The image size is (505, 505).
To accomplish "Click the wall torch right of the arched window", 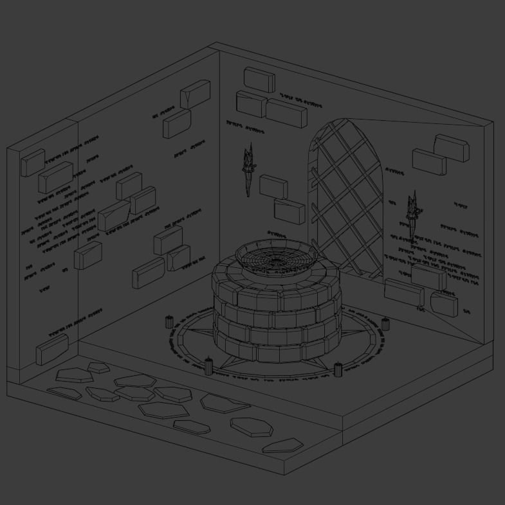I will [414, 215].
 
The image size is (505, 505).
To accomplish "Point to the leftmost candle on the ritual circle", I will [170, 321].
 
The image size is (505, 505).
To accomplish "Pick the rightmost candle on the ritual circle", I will [385, 324].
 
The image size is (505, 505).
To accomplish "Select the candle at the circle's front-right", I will [338, 369].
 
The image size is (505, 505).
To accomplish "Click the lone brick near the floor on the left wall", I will [52, 350].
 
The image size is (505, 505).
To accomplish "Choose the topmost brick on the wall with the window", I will [259, 80].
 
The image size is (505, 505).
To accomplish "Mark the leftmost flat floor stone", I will [64, 393].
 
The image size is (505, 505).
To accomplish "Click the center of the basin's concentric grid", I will [277, 260].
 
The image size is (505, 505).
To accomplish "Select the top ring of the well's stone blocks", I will [277, 283].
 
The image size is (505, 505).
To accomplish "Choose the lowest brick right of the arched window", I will [445, 304].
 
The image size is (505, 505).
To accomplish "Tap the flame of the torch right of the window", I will [414, 200].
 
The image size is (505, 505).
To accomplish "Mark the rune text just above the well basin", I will [277, 235].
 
